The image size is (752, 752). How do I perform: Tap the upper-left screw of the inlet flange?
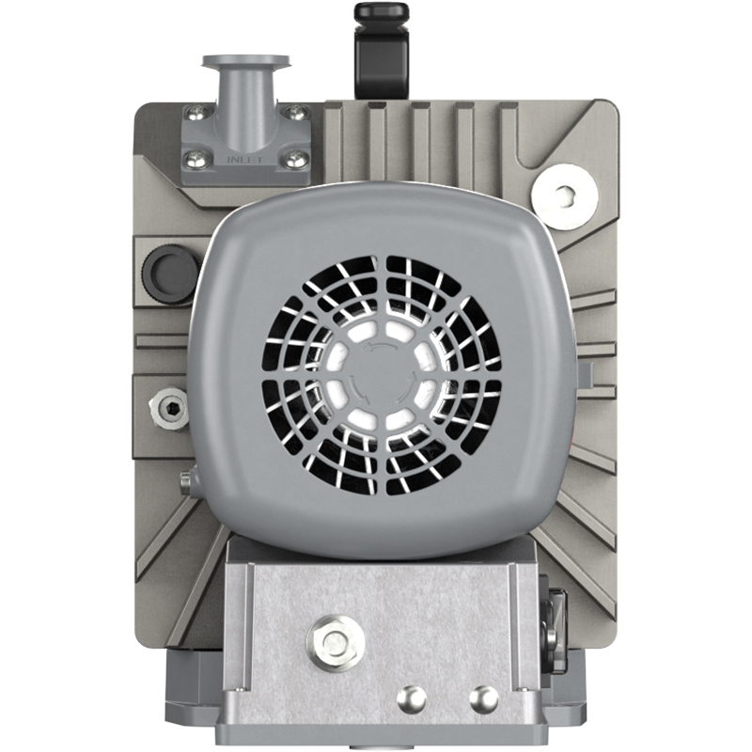click(194, 114)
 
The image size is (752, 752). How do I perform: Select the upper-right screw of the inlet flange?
click(297, 114)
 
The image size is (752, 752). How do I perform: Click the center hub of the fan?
click(382, 376)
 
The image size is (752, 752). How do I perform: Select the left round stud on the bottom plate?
click(411, 697)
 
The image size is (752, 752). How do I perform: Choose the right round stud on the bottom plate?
click(483, 697)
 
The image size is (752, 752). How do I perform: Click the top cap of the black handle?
click(381, 12)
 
